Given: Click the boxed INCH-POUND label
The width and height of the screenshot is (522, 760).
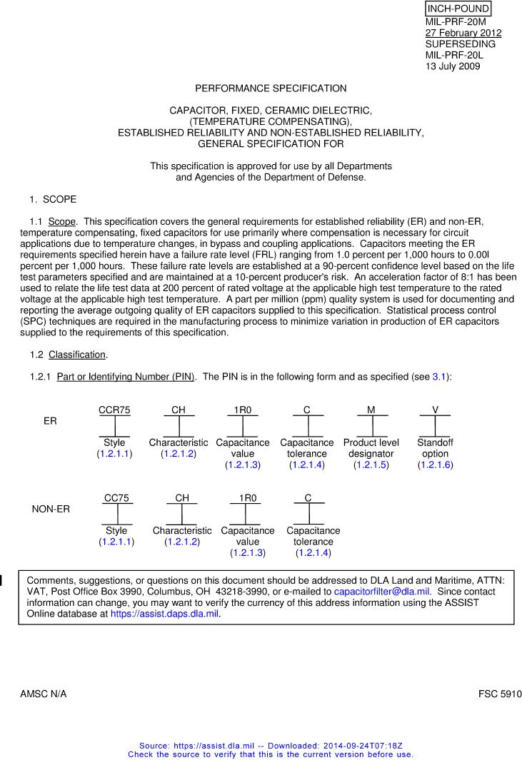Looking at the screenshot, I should tap(458, 9).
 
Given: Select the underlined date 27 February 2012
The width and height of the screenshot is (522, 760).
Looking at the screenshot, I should tap(463, 34).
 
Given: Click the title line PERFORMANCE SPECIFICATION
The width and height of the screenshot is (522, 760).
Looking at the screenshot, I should tap(271, 88).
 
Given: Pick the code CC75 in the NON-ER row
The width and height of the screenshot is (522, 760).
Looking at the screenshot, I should tap(117, 497).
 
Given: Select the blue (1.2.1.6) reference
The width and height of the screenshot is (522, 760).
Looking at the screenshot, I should tap(435, 465).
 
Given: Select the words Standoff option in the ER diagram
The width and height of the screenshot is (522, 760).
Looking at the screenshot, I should tap(435, 448).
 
